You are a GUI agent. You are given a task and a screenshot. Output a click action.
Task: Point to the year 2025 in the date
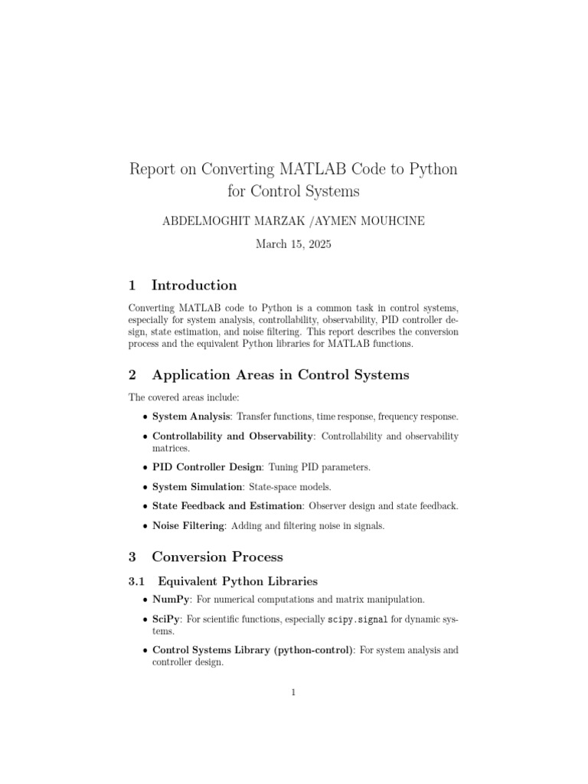point(316,246)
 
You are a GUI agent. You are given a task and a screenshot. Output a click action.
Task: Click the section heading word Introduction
point(194,286)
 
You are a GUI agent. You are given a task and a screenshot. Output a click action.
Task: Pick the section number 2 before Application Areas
point(133,375)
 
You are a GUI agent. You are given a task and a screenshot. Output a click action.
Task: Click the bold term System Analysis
point(191,416)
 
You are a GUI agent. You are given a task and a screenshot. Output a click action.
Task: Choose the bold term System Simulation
point(197,486)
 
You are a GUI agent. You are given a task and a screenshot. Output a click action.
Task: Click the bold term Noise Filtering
point(188,526)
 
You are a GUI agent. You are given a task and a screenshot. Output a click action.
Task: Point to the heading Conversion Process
point(217,557)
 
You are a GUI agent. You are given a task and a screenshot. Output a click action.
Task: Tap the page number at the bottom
point(293,693)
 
